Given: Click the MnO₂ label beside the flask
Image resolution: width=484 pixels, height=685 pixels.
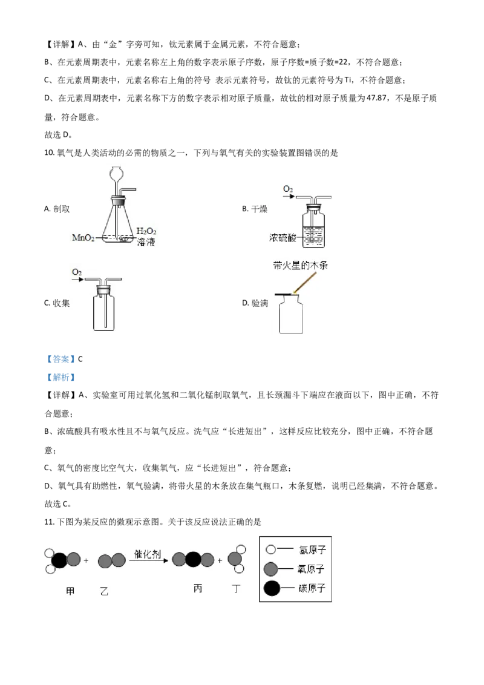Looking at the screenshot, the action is pyautogui.click(x=83, y=238).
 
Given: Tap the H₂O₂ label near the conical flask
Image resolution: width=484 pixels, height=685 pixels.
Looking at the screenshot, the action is pyautogui.click(x=146, y=231).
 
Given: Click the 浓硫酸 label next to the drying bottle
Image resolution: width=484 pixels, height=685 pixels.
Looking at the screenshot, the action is pyautogui.click(x=283, y=238).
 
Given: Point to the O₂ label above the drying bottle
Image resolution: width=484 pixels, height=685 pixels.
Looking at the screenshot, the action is pyautogui.click(x=288, y=189).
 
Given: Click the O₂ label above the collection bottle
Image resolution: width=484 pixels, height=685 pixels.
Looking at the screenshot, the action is pyautogui.click(x=77, y=272).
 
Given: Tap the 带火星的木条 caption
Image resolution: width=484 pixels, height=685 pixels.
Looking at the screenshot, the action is pyautogui.click(x=301, y=265).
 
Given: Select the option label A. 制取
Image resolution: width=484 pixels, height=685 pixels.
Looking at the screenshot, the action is pyautogui.click(x=57, y=209).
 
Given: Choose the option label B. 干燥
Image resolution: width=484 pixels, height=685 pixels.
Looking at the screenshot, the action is pyautogui.click(x=255, y=209).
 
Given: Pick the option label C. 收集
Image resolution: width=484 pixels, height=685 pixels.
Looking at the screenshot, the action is pyautogui.click(x=57, y=303).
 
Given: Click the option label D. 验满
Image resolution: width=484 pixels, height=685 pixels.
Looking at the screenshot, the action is pyautogui.click(x=255, y=303).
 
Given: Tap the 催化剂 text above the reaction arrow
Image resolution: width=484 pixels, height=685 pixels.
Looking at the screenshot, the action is pyautogui.click(x=147, y=554).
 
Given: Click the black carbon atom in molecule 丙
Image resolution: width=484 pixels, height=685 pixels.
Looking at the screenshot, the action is pyautogui.click(x=194, y=560).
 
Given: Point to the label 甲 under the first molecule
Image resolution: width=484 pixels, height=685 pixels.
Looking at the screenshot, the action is pyautogui.click(x=70, y=591).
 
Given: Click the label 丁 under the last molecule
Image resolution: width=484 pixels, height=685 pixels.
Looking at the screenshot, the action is pyautogui.click(x=237, y=589).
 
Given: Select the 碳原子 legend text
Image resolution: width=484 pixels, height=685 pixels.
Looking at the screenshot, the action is pyautogui.click(x=312, y=588).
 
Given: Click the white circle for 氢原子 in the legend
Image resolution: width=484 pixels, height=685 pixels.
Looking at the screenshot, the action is pyautogui.click(x=271, y=549).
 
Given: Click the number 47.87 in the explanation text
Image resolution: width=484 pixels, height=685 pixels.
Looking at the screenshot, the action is pyautogui.click(x=376, y=98).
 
